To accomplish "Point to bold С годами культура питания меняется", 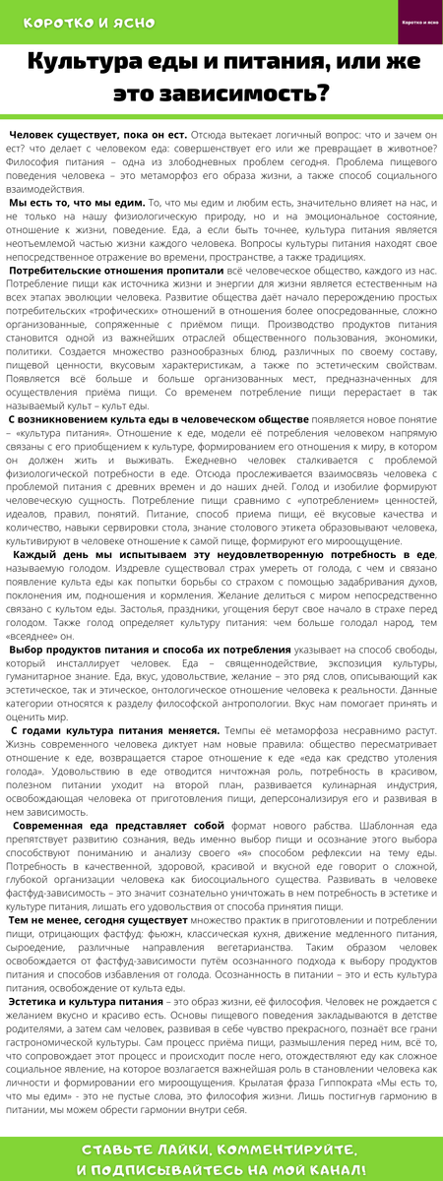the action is (115, 731).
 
